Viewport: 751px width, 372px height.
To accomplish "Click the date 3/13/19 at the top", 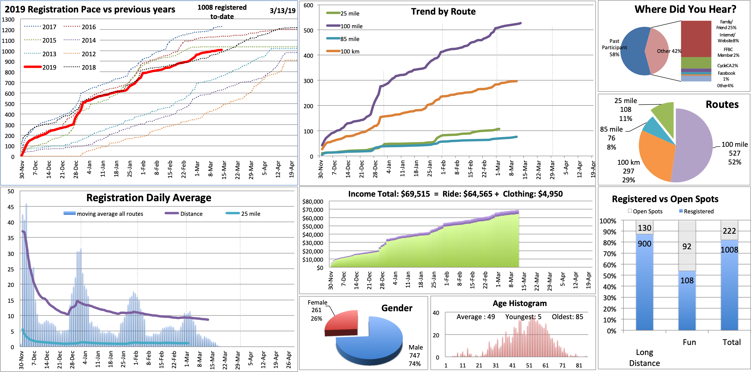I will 282,11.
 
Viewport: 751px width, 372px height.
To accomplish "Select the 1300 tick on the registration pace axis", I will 8,19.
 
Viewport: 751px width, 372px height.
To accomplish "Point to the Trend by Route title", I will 443,12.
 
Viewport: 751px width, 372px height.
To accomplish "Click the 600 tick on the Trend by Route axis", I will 308,5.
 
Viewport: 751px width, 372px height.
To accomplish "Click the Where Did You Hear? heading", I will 685,9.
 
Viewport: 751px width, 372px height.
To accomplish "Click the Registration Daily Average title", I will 149,198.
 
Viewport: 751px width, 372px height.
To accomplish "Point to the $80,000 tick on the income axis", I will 313,201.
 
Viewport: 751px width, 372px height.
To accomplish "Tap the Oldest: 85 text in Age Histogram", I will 567,317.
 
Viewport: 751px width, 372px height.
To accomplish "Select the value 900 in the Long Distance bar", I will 644,244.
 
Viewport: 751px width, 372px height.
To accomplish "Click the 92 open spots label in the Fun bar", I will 687,246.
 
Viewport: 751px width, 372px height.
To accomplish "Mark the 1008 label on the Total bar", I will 729,250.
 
